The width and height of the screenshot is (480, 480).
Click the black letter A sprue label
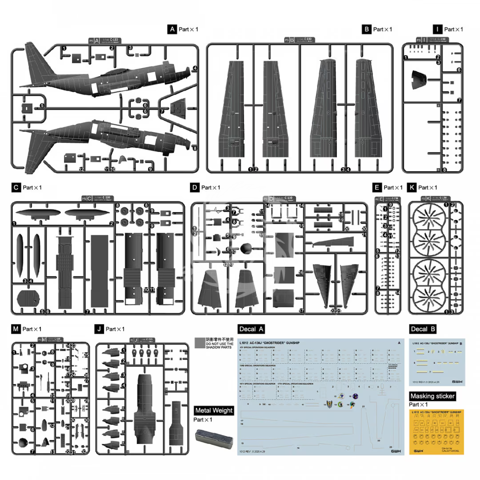tap(172, 29)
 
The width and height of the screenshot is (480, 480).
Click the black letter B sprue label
tap(367, 29)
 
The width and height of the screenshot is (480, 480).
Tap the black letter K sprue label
tap(412, 188)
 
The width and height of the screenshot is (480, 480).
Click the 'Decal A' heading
tap(252, 329)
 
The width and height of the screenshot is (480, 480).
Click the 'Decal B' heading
tap(423, 329)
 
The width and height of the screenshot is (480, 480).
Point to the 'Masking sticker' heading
tap(432, 396)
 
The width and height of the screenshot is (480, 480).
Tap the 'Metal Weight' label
tap(214, 411)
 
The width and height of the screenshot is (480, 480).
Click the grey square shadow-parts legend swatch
tap(200, 342)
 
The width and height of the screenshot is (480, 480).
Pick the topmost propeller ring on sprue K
tap(428, 220)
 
